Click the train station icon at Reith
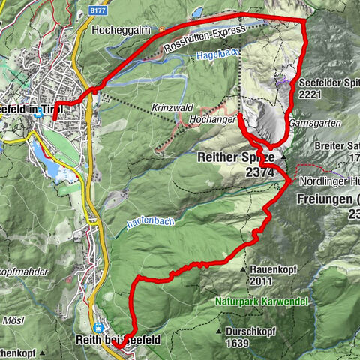[x=99, y=328]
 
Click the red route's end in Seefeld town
[x=55, y=119]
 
